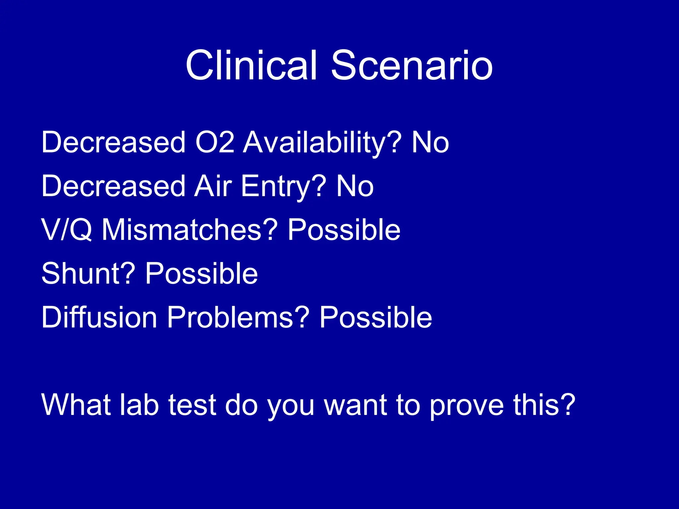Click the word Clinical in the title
coord(251,65)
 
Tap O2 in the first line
coord(215,142)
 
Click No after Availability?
coord(430,142)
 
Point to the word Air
coord(213,186)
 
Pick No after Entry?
coord(355,186)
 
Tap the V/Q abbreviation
coord(67,230)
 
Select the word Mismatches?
coord(189,230)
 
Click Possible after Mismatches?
coord(344,230)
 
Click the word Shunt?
coord(88,273)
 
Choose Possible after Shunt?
coord(202,273)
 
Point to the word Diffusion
coord(99,317)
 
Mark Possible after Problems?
coord(376,317)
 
